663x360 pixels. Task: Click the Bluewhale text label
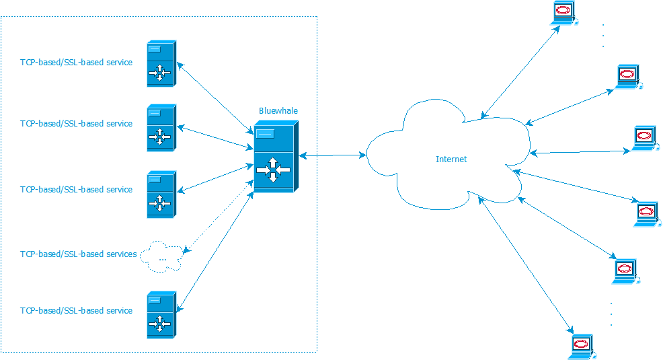278,110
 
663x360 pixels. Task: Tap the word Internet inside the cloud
451,159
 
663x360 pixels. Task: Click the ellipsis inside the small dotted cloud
162,257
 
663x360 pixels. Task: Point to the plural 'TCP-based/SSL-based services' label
79,254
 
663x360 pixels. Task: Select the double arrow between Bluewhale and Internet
332,155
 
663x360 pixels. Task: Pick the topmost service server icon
161,64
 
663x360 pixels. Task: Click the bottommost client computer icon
579,347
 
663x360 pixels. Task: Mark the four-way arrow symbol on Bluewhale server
272,170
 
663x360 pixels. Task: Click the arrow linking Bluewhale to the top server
214,98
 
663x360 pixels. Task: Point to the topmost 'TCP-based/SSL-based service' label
76,63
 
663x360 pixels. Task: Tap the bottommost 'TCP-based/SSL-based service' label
76,311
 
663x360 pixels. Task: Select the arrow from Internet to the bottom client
524,264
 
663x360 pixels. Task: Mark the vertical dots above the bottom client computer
611,314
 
